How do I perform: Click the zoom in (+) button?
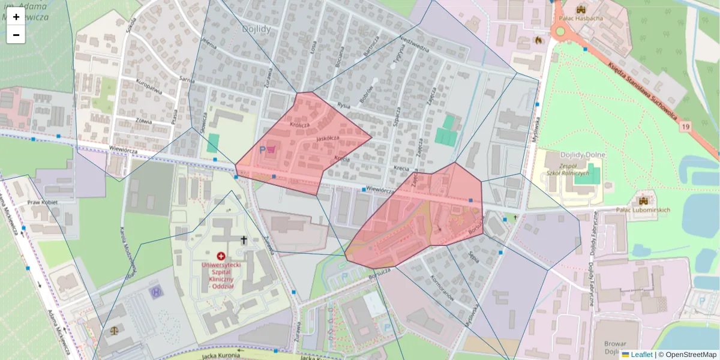[16, 17]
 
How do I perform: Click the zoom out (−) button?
[16, 35]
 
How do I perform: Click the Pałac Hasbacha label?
[580, 18]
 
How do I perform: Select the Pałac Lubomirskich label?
[643, 210]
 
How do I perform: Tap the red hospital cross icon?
[221, 256]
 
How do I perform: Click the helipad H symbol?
[155, 292]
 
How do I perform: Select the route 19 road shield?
[685, 127]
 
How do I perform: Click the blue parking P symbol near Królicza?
[262, 149]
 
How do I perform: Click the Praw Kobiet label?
[42, 202]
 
